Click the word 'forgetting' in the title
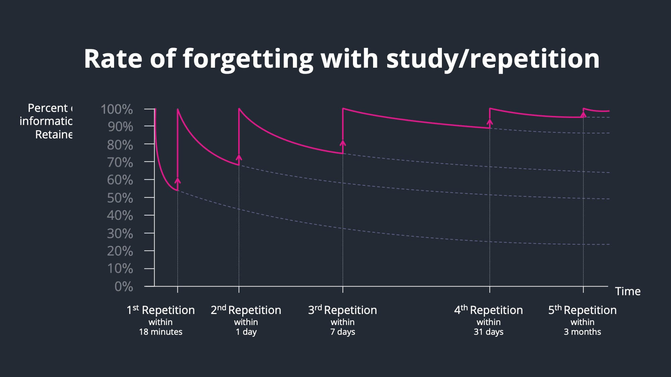coord(248,59)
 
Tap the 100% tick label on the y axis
coord(117,109)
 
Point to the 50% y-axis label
coord(120,198)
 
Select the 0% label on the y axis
coord(123,287)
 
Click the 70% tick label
coord(120,163)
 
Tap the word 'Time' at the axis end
coord(628,291)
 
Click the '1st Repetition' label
coord(161,310)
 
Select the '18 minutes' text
coord(161,332)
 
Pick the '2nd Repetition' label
coord(246,310)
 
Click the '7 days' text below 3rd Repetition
coord(343,332)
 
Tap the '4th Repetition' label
coord(488,310)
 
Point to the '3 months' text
coord(582,332)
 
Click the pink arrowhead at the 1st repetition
coord(178,181)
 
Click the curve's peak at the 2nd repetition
coord(239,109)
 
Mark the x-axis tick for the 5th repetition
coord(583,289)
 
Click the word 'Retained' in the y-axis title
coord(54,134)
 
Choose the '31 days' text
coord(488,332)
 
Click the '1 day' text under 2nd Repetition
coord(246,332)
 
